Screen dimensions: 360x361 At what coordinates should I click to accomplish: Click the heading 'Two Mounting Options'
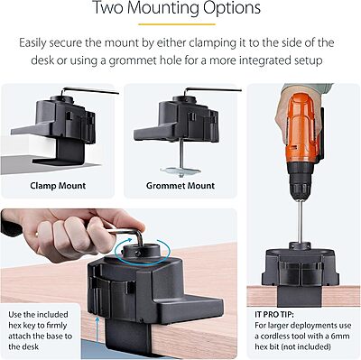(x=180, y=12)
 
